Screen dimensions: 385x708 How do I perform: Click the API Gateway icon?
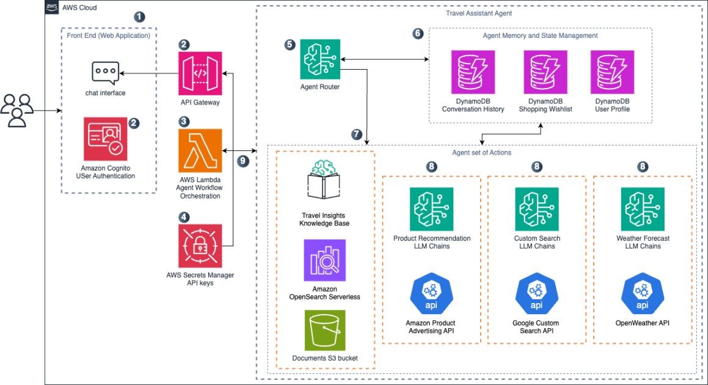pos(200,73)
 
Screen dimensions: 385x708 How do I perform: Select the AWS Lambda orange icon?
pos(200,150)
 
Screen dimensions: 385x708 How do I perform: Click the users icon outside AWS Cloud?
pos(17,111)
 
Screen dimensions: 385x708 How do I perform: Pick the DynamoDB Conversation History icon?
pos(473,72)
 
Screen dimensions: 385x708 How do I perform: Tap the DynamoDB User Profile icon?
pos(612,72)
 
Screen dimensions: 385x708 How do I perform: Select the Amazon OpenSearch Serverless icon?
pos(324,260)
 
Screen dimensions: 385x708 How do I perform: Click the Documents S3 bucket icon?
pos(324,331)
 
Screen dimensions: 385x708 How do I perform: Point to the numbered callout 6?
pos(418,34)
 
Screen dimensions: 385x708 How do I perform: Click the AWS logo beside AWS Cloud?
pos(53,7)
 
